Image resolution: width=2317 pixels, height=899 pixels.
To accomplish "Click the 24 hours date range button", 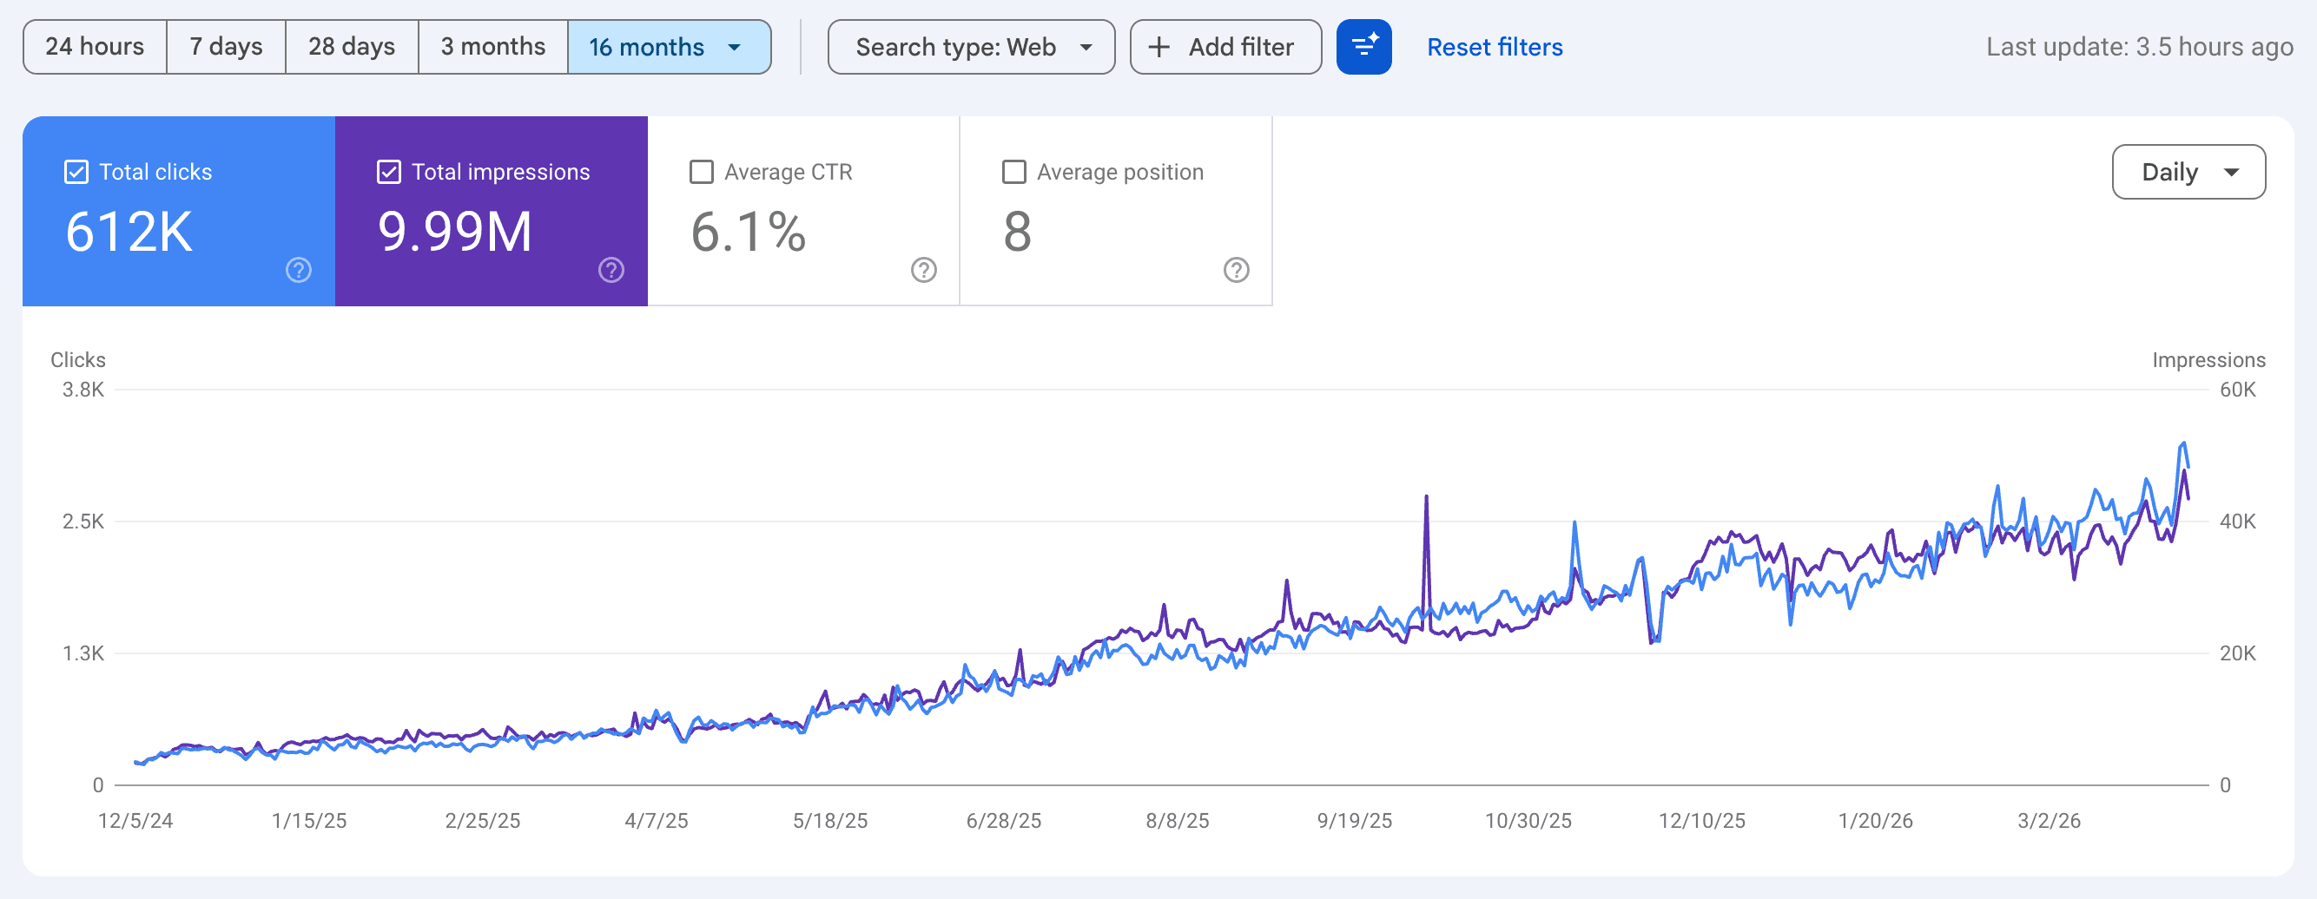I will tap(95, 47).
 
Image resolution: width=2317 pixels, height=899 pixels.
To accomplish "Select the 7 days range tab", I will tap(226, 47).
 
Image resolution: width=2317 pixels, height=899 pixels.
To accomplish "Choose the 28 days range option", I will tap(352, 47).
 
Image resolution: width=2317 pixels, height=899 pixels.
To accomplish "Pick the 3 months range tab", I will tap(493, 47).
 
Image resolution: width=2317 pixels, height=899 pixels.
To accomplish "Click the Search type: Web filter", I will tap(971, 47).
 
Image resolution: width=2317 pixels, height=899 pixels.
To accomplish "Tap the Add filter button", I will tap(1225, 47).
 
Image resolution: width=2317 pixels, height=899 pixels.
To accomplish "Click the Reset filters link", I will tap(1494, 47).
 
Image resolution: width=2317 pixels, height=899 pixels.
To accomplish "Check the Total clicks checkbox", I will tap(76, 172).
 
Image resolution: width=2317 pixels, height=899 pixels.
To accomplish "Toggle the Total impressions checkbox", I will tap(388, 172).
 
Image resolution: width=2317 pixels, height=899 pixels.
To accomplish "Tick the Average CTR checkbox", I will tap(701, 172).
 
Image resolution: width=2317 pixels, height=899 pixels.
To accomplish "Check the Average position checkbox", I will tap(1013, 172).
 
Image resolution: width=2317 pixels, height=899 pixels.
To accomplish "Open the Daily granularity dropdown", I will tap(2188, 172).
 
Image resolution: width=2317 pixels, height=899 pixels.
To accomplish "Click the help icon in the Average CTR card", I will tap(923, 270).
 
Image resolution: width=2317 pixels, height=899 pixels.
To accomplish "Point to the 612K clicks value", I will tap(129, 232).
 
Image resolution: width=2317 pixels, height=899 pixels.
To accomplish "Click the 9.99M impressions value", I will tap(454, 232).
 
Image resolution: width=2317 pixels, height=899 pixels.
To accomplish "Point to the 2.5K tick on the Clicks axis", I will tap(83, 522).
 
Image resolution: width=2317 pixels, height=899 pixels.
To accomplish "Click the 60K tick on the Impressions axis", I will tap(2237, 390).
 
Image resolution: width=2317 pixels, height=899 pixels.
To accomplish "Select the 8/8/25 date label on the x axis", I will tap(1177, 821).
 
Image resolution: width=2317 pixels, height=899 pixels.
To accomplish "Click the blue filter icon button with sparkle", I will tap(1363, 47).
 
